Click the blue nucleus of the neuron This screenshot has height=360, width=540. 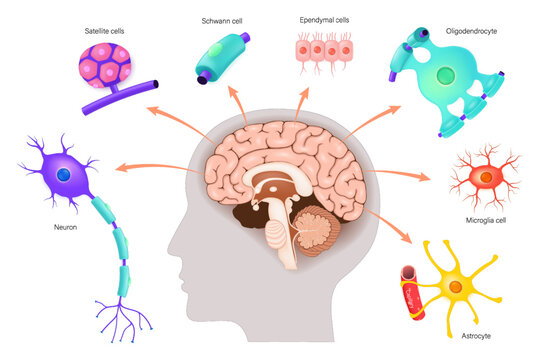click(63, 175)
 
